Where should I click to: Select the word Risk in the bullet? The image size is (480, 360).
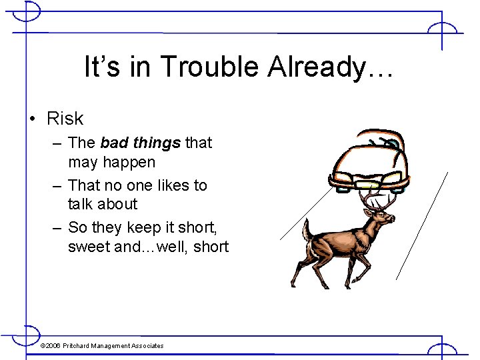pos(65,119)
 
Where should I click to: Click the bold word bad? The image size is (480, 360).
pos(114,143)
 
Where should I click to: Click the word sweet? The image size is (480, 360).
pos(89,247)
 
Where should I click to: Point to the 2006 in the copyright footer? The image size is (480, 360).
pos(53,345)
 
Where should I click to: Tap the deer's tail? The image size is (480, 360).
pos(306,230)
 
